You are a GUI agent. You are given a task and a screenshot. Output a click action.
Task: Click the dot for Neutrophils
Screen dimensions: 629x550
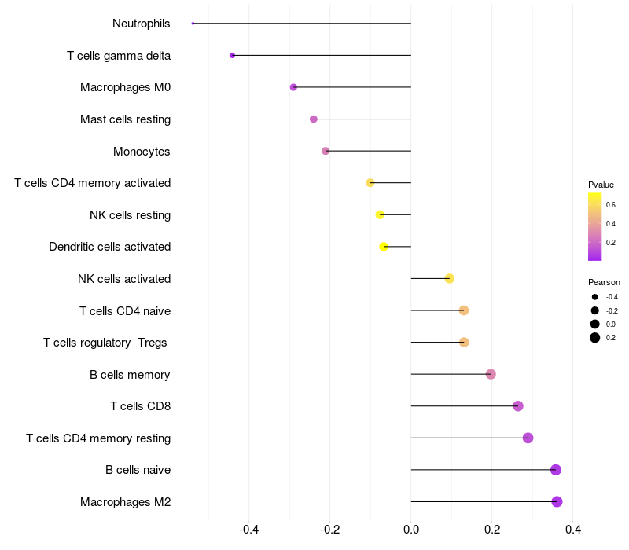tap(193, 24)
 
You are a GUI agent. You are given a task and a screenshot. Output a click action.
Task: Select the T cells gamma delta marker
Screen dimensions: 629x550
tap(232, 55)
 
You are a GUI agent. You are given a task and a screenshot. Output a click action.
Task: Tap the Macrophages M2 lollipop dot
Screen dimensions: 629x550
tap(557, 501)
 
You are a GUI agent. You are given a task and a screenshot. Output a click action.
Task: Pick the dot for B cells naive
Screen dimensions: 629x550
tap(556, 469)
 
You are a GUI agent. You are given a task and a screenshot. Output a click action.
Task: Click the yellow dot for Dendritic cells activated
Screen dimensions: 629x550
tap(384, 247)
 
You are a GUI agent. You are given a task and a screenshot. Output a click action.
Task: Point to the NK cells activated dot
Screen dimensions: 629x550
tap(449, 279)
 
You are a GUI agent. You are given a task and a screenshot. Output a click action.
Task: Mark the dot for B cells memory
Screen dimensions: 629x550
tap(491, 374)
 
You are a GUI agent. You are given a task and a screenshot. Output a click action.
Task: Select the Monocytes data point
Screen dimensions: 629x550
tap(326, 151)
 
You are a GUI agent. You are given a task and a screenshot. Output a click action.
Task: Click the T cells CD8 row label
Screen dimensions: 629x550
tap(141, 406)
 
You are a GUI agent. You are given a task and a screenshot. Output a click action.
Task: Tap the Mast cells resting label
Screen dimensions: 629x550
tap(125, 119)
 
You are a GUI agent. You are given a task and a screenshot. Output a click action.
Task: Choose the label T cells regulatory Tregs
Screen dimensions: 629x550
tap(105, 343)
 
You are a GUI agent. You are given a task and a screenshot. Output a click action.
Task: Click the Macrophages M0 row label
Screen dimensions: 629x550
tap(125, 87)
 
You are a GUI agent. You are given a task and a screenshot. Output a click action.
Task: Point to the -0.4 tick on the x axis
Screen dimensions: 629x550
tap(248, 530)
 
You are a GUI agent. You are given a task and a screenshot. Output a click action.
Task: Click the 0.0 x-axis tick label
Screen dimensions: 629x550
tap(410, 530)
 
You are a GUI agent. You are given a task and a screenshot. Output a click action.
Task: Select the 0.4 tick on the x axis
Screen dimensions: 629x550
tap(573, 530)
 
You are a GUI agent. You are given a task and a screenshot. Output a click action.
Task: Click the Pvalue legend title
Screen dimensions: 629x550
tap(601, 185)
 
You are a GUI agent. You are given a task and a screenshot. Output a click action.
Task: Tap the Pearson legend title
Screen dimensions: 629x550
tap(604, 282)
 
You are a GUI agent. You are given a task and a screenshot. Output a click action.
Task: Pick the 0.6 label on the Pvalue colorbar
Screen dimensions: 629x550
tap(611, 205)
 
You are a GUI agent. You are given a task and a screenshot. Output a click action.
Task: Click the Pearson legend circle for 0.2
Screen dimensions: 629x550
tap(595, 338)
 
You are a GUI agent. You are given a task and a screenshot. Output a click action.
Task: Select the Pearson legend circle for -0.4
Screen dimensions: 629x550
tap(595, 297)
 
